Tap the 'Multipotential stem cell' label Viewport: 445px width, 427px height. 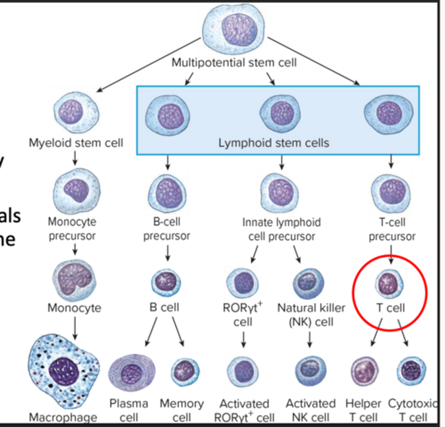234,63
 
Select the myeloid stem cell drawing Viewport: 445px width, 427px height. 76,113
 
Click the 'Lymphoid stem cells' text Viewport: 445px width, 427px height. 273,143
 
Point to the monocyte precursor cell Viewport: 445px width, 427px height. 77,191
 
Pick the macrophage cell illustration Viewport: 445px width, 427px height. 64,371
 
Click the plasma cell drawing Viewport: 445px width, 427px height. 132,373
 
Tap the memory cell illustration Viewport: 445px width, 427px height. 185,372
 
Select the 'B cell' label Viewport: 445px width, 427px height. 164,307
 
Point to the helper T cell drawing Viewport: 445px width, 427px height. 364,372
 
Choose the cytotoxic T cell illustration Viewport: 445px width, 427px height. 411,371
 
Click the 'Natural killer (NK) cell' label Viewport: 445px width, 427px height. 311,315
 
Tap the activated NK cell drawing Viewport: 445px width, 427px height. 310,371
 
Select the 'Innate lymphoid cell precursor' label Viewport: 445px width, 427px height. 281,229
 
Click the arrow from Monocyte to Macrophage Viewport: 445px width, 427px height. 75,328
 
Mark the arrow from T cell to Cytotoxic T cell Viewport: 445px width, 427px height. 403,333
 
